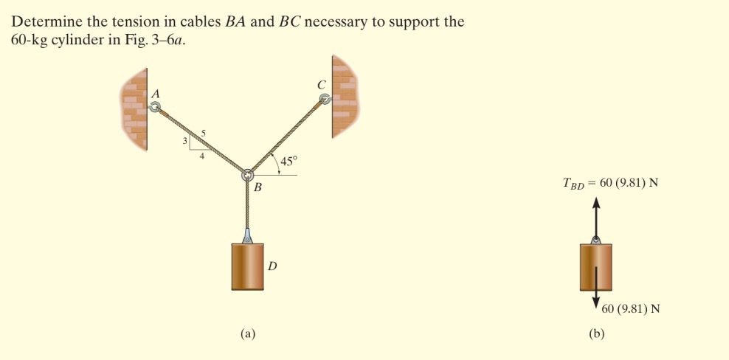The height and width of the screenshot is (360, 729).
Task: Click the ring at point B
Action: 248,175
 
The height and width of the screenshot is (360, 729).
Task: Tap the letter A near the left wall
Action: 155,94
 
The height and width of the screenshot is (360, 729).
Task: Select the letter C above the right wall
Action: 321,84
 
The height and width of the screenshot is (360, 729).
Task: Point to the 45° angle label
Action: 288,160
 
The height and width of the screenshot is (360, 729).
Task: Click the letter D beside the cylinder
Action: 272,266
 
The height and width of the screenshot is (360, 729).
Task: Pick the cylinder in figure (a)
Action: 247,266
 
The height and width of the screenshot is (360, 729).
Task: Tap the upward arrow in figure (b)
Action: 596,218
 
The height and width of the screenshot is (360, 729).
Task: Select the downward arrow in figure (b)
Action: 596,291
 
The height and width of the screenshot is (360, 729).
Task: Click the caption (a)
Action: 248,333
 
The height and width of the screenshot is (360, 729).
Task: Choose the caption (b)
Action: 596,333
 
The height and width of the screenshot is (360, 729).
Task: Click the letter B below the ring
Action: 258,189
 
